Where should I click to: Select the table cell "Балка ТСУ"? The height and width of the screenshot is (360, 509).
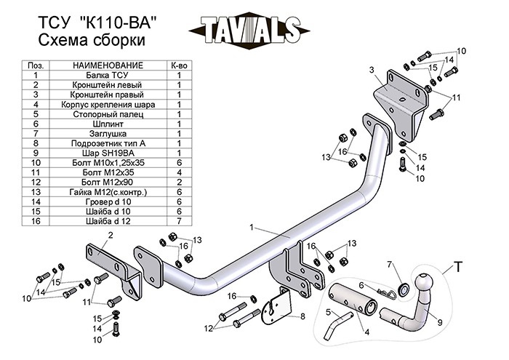(x=108, y=75)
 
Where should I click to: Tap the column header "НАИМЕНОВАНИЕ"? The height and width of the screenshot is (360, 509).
(x=108, y=65)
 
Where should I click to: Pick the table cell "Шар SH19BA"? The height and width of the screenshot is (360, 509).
(x=108, y=154)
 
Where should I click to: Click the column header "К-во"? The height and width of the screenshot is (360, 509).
(x=179, y=65)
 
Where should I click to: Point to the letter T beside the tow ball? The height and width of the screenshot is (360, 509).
(x=458, y=267)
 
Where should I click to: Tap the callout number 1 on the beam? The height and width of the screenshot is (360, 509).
(x=252, y=228)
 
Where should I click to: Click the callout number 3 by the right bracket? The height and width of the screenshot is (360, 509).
(x=371, y=69)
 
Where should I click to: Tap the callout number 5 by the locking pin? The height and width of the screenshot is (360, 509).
(x=328, y=312)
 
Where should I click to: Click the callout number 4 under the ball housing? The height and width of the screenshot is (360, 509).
(x=366, y=332)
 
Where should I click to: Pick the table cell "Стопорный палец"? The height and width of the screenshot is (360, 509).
(x=108, y=114)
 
